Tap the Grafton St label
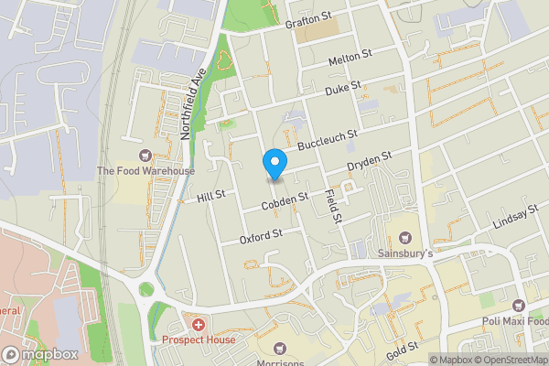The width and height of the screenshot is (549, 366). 307,21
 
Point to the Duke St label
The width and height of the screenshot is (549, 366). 344,90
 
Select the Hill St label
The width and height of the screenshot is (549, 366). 210,196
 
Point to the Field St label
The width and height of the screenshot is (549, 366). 332,207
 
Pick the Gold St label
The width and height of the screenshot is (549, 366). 403,348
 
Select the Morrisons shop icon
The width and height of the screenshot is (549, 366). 279,349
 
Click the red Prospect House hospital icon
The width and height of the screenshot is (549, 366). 198,325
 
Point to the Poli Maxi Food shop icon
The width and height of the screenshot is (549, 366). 518,305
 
